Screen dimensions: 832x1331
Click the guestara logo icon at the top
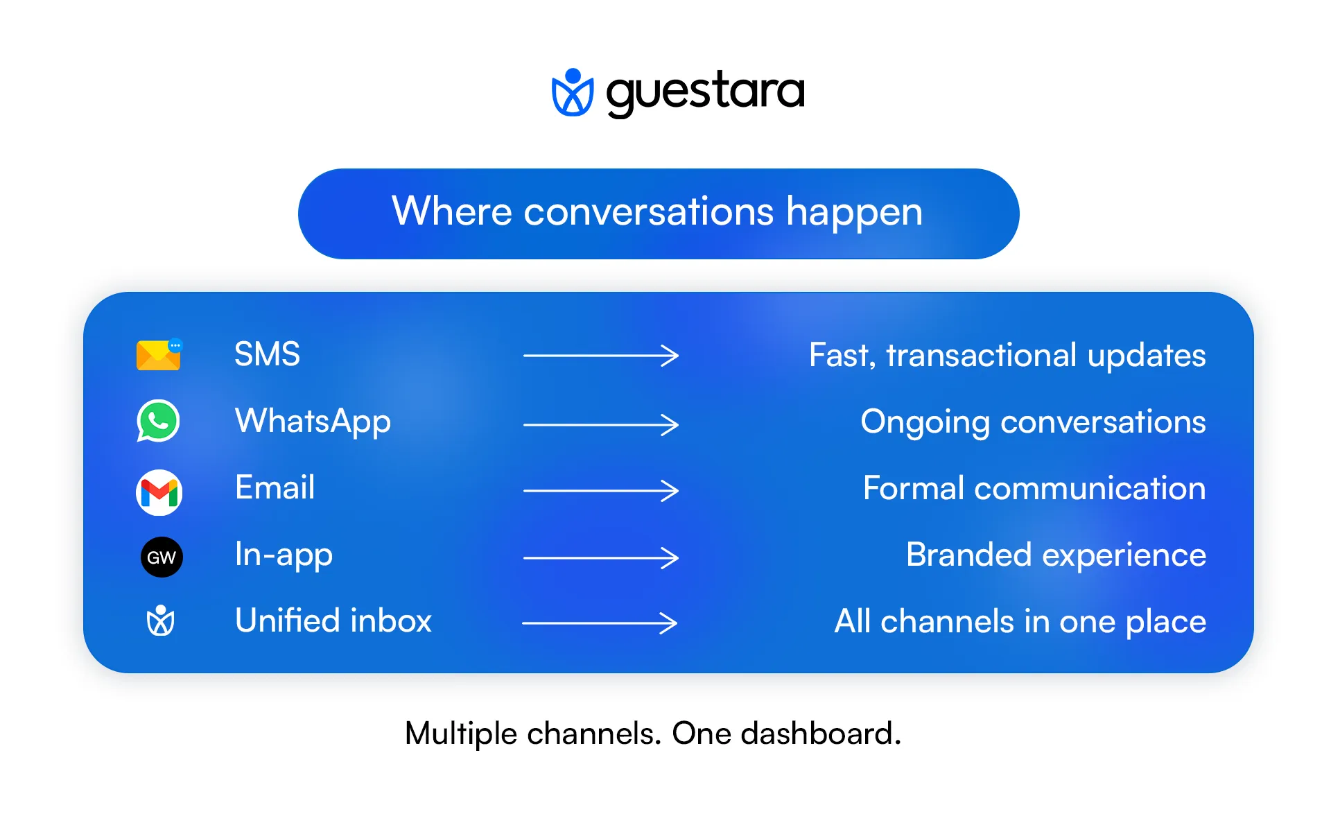pos(572,92)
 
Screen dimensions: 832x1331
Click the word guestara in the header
pos(705,92)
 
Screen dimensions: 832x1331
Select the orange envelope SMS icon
pos(158,355)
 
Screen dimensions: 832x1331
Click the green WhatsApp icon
pos(158,421)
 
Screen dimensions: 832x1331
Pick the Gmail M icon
pos(159,492)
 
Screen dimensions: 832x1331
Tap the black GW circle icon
pos(162,557)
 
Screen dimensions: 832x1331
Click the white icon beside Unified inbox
pos(160,621)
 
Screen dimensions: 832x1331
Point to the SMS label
pos(267,354)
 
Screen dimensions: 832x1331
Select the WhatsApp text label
pos(313,421)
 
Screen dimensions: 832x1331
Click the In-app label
pos(284,555)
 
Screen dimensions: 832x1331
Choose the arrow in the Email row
pos(600,491)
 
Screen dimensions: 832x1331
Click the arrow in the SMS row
pos(600,356)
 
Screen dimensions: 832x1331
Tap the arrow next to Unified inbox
pos(600,623)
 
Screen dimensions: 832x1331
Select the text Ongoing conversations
pos(1033,422)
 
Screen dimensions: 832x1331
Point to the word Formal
pos(913,488)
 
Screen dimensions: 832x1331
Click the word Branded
pos(968,555)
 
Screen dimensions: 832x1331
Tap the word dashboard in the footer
pos(819,734)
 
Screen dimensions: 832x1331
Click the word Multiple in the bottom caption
pos(460,734)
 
